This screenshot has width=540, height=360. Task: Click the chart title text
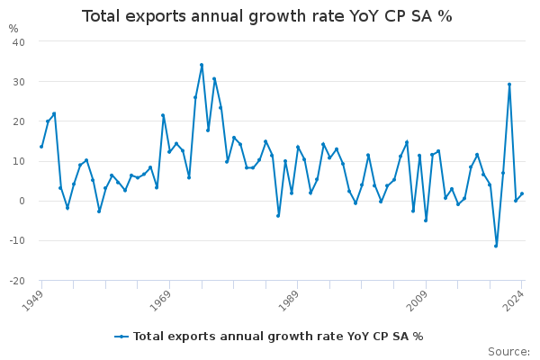tap(267, 16)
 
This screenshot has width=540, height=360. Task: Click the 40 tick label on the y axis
tap(18, 42)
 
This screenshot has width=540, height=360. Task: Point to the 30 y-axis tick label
tap(18, 82)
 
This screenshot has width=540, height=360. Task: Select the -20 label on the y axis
tap(16, 281)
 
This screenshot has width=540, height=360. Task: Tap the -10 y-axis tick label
tap(16, 241)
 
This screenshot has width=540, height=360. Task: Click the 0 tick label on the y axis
tap(22, 202)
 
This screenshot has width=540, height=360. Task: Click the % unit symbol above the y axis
tap(13, 29)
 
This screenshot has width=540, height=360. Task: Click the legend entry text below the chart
tap(278, 337)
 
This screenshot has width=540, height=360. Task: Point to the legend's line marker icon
tap(121, 337)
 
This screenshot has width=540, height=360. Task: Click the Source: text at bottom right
tap(508, 352)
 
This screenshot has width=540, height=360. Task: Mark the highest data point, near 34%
tap(202, 65)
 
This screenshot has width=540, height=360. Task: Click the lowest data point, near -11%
tap(496, 246)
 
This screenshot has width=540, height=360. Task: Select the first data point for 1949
tap(41, 147)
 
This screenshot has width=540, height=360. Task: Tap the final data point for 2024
tap(521, 193)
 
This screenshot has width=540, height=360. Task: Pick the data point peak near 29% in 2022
tap(509, 85)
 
